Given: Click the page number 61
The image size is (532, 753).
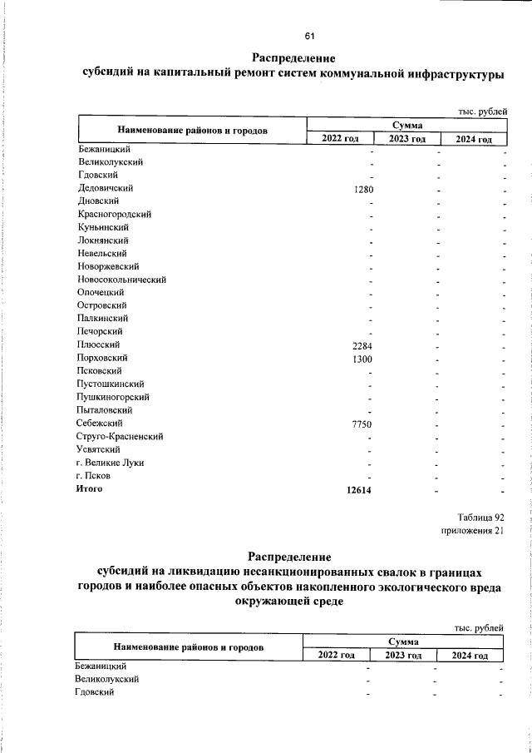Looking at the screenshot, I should pyautogui.click(x=309, y=37).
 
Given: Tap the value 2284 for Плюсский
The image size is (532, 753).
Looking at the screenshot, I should pyautogui.click(x=362, y=344).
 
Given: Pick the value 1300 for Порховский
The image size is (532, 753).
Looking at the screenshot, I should pyautogui.click(x=362, y=358).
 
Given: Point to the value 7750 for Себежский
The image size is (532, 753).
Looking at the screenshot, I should pyautogui.click(x=362, y=424).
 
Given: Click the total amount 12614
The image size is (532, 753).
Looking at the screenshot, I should pyautogui.click(x=359, y=489).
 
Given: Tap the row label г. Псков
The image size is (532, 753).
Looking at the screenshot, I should pyautogui.click(x=94, y=476).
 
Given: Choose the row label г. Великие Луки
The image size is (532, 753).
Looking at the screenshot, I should pyautogui.click(x=109, y=463).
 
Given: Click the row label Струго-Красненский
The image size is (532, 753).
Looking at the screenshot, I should pyautogui.click(x=120, y=436).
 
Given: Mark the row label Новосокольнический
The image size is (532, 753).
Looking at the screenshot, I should pyautogui.click(x=122, y=280).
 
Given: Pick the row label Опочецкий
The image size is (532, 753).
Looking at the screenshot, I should pyautogui.click(x=101, y=293).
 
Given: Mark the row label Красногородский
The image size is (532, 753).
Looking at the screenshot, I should pyautogui.click(x=113, y=215).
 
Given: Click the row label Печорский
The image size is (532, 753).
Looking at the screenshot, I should pyautogui.click(x=101, y=332).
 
